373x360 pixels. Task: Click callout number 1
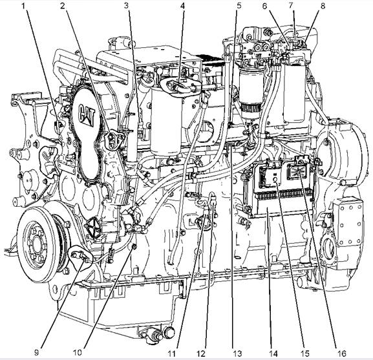(x=23, y=6)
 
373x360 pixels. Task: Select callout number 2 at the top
(x=62, y=6)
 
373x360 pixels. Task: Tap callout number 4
(x=182, y=6)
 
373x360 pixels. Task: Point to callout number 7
(x=291, y=5)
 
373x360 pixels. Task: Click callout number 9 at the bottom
(x=36, y=352)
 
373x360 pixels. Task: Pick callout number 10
(x=78, y=352)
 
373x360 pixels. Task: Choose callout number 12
(x=201, y=354)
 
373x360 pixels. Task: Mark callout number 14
(x=273, y=354)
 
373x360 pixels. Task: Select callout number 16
(x=342, y=354)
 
